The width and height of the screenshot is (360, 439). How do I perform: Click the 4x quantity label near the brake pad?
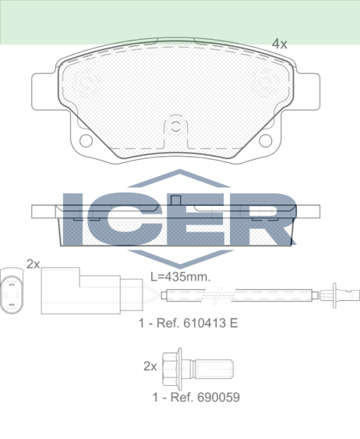click(280, 44)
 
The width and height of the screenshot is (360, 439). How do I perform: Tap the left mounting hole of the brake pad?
click(86, 140)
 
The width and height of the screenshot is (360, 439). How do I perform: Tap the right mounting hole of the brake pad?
click(266, 140)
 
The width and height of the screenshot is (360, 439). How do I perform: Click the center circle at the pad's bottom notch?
click(175, 126)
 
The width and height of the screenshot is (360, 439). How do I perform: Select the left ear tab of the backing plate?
click(44, 91)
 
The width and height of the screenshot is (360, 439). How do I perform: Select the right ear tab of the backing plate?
click(307, 91)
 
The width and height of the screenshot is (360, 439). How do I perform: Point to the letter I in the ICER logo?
click(72, 219)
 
